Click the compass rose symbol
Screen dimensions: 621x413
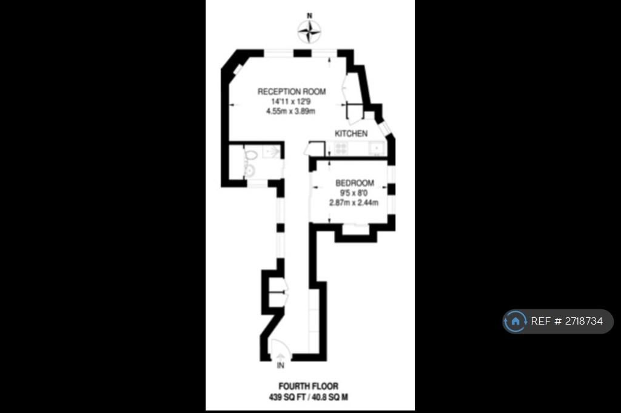(x=309, y=31)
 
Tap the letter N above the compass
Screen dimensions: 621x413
(x=310, y=16)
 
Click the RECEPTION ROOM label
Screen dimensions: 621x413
(x=292, y=91)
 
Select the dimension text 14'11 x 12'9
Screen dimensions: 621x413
(x=291, y=102)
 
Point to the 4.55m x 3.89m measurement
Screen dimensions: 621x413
(x=290, y=111)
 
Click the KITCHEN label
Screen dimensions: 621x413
(x=351, y=134)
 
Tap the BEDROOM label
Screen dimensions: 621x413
(x=355, y=183)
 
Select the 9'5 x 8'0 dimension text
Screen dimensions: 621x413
(x=354, y=193)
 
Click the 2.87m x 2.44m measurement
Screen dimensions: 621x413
(x=354, y=203)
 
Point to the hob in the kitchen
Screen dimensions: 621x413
(x=341, y=149)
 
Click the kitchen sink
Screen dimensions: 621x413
(x=377, y=149)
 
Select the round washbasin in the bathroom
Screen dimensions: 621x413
(x=250, y=171)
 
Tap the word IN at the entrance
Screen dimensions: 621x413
(x=280, y=366)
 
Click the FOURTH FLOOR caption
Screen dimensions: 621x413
(x=309, y=386)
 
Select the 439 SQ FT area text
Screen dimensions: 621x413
(x=287, y=397)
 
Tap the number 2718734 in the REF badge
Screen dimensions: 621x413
(x=584, y=321)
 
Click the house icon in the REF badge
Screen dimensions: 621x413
(x=515, y=321)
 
